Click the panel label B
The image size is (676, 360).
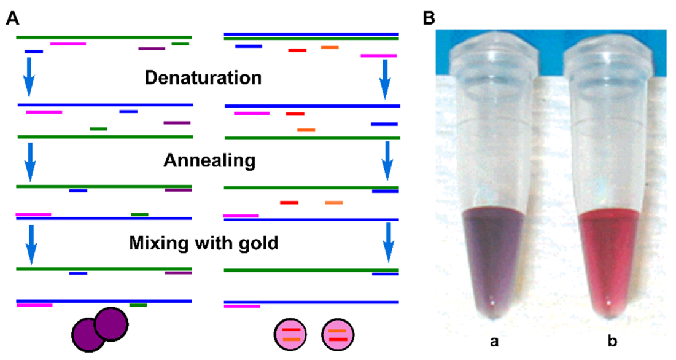[430, 19]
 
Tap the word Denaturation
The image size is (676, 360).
[203, 79]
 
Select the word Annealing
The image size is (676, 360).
[209, 161]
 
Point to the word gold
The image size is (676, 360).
[257, 243]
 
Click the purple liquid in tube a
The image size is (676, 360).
[491, 252]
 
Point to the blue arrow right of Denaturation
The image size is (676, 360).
[385, 79]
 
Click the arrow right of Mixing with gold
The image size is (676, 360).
[388, 242]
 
